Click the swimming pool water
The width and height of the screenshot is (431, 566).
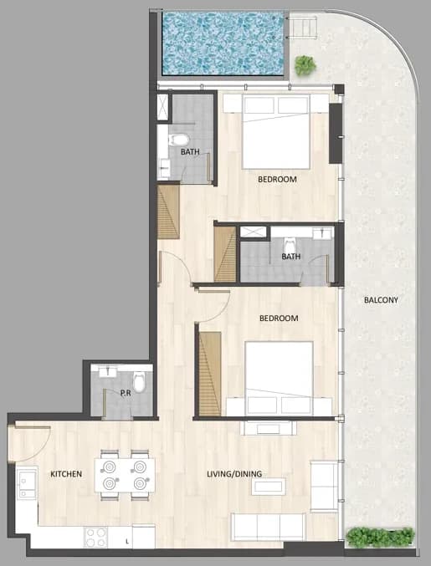pos(223,43)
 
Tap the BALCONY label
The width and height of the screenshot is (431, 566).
pos(381,300)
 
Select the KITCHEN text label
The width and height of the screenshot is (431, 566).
pos(66,474)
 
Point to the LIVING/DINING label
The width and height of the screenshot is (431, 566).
pos(234,474)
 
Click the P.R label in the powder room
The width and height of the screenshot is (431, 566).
pos(126,393)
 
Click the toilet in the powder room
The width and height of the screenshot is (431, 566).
pos(139,382)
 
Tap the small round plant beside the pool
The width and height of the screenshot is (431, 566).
pos(305,65)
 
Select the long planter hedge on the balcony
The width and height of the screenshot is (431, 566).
pos(380,537)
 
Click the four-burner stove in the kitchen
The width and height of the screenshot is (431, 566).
pos(95,537)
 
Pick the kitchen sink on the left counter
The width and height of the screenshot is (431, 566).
pos(27,482)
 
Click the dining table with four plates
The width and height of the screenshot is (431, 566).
pos(125,475)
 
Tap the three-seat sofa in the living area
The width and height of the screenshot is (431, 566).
pos(268,527)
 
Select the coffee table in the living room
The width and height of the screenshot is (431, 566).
pos(269,487)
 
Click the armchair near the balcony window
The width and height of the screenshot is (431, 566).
pos(324,486)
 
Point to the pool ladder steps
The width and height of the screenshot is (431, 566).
pos(305,28)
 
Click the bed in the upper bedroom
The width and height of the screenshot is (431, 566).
pos(276,132)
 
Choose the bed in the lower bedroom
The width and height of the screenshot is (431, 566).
pos(279,378)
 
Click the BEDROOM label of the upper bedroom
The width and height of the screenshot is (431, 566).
pos(277,180)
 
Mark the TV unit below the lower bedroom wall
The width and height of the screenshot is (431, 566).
pos(269,428)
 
